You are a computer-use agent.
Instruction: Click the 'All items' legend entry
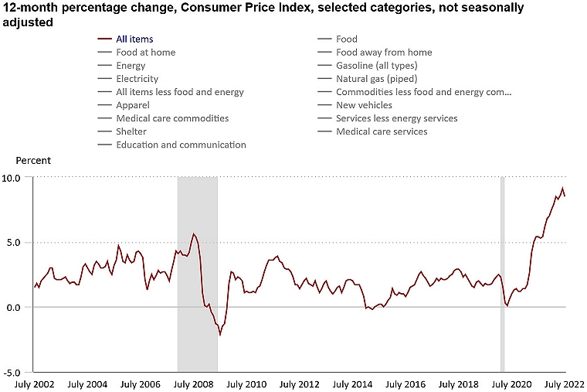134,39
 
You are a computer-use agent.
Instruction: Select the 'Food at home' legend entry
145,52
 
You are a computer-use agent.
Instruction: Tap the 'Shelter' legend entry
131,131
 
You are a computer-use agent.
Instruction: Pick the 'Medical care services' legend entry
382,131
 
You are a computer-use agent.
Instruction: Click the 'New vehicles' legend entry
364,105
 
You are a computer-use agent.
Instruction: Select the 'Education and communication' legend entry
181,145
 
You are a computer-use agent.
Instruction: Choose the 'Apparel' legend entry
133,105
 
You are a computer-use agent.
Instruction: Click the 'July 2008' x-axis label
192,384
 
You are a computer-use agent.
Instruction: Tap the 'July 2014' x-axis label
351,384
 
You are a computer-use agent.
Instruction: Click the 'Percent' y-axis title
33,161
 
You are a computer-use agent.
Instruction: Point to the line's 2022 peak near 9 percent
563,189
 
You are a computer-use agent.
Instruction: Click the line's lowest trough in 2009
220,334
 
